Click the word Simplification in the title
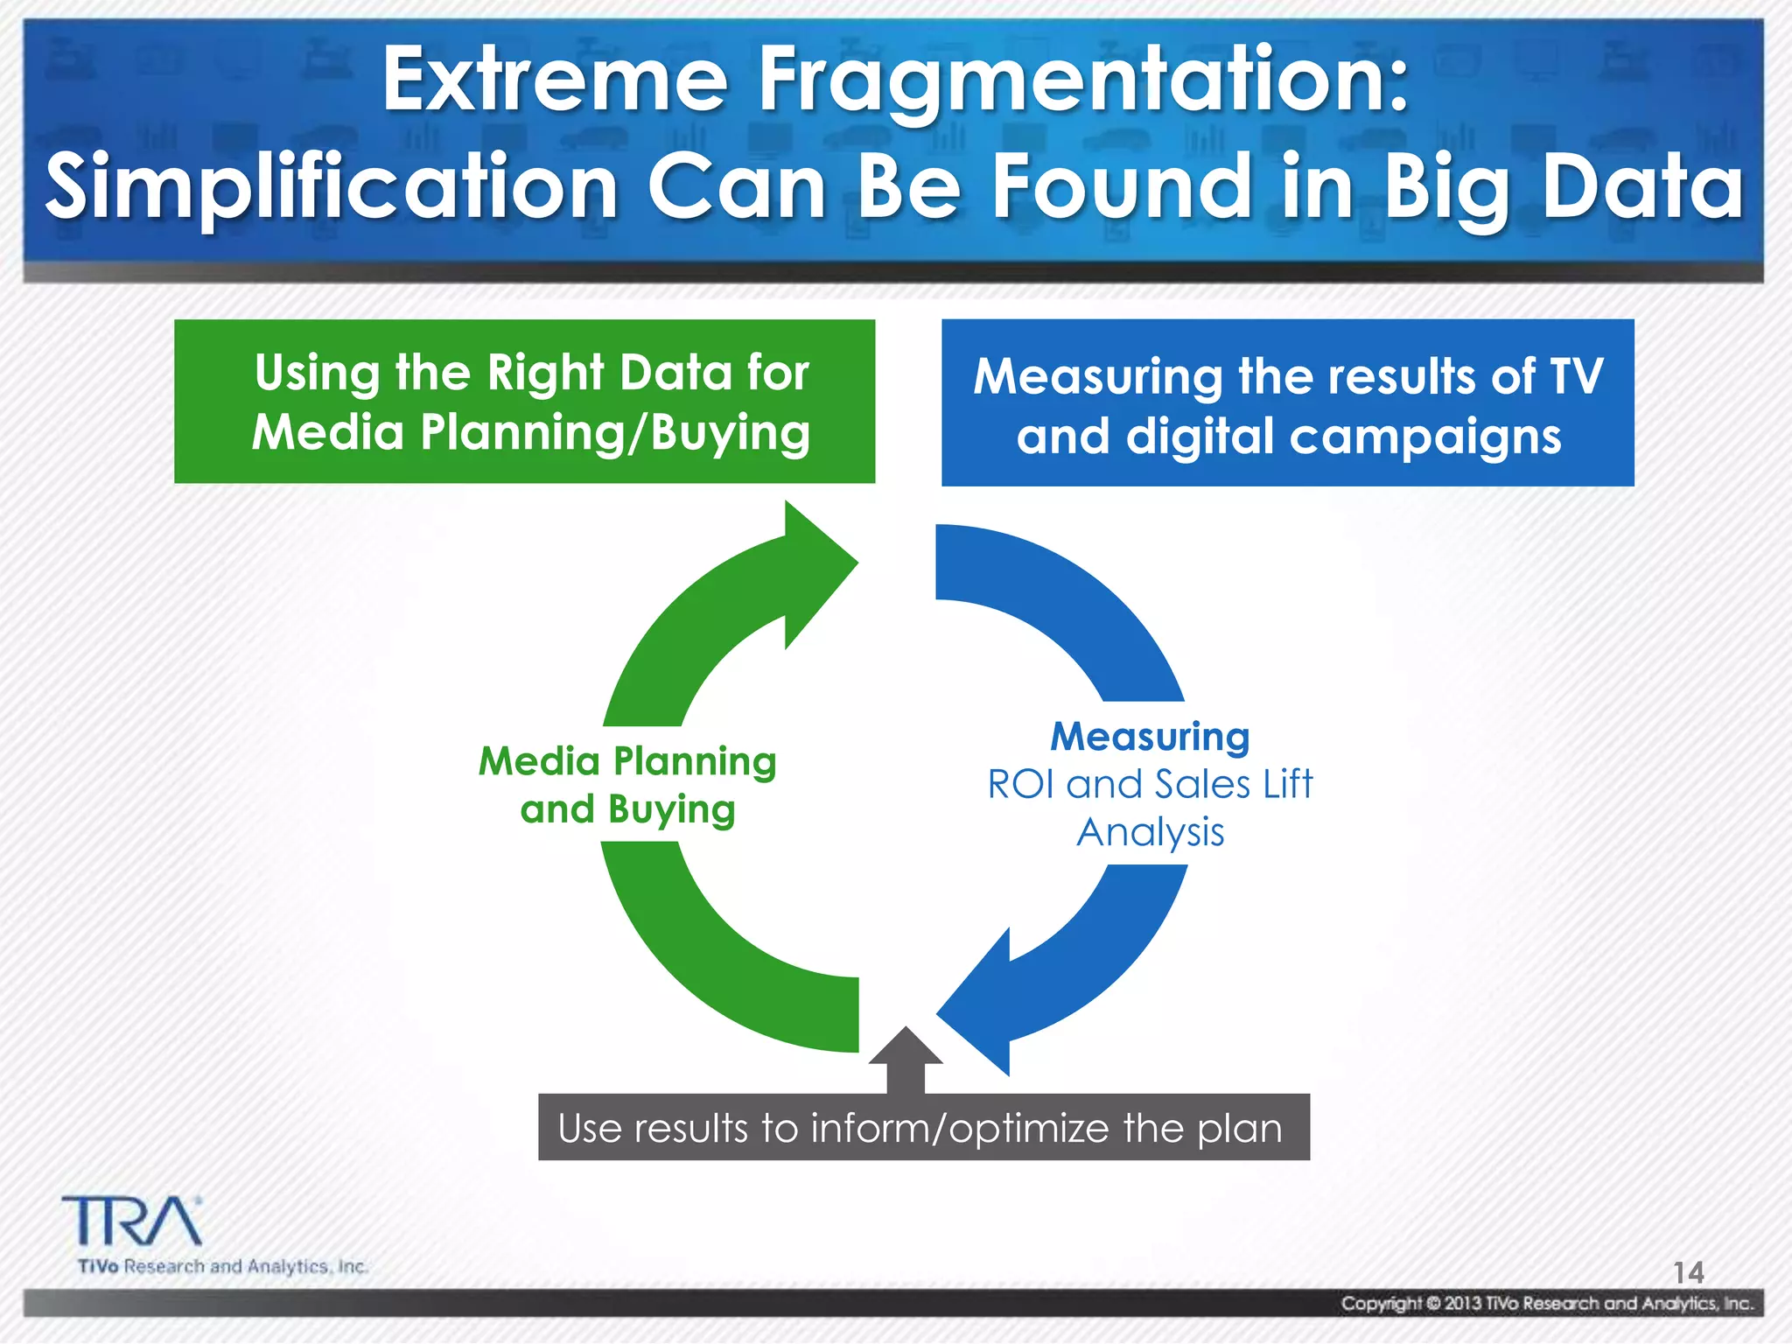click(332, 187)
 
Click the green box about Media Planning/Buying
click(524, 402)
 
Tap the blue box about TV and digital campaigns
click(1287, 403)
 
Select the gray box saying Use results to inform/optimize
click(923, 1128)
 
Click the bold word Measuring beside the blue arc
click(1150, 736)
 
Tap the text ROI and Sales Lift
click(1150, 784)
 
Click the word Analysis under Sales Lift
click(1150, 832)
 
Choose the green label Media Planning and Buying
click(627, 785)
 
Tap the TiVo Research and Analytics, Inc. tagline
click(222, 1266)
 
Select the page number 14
click(1688, 1271)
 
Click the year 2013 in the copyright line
click(1463, 1304)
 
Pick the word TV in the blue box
click(1575, 376)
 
